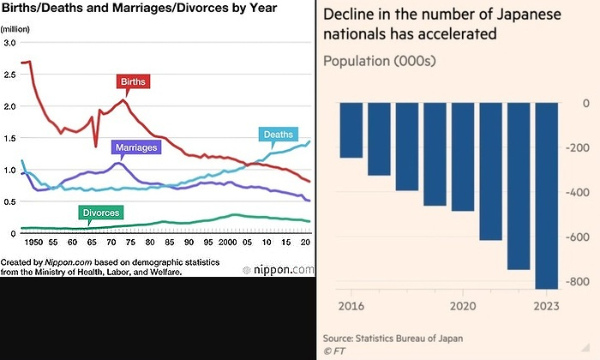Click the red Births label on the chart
(134, 82)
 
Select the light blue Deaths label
(278, 135)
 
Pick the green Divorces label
(100, 212)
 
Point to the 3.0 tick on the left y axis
(10, 43)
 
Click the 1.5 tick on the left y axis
(10, 138)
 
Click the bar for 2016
(351, 130)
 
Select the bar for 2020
(462, 157)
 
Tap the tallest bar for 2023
(546, 195)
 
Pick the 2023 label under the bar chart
(545, 306)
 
